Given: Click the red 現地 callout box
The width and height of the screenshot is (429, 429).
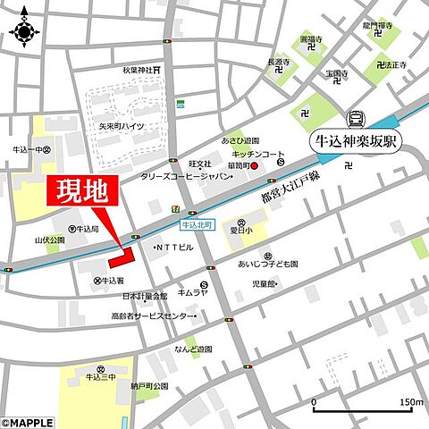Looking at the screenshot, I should pos(78,191).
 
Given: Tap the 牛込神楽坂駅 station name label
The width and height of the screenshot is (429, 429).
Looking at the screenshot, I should pos(355,141).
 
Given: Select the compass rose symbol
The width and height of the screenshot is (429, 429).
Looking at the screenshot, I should pos(23,31).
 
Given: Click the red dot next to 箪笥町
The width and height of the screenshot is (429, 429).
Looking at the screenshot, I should pos(254,165).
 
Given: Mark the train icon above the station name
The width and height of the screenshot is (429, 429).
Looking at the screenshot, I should pos(355,117).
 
